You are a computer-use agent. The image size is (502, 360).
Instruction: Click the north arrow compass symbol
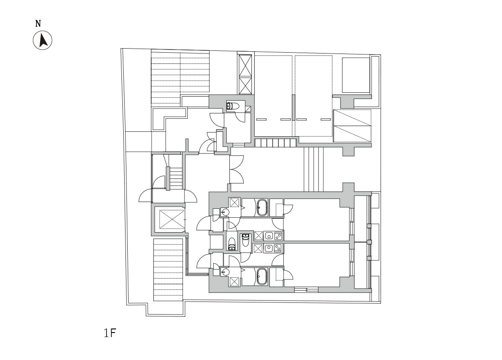(43, 40)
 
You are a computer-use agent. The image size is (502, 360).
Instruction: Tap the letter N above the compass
(38, 24)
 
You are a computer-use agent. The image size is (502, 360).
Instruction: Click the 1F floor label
(109, 333)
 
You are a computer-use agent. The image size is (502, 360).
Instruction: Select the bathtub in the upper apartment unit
(262, 208)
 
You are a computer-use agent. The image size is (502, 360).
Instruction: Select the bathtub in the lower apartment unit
(262, 277)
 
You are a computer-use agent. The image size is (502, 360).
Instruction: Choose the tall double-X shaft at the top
(245, 74)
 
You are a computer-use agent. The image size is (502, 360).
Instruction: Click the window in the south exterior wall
(306, 290)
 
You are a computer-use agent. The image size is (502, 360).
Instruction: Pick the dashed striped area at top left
(180, 77)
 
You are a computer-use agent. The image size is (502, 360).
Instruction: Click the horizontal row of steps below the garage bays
(275, 143)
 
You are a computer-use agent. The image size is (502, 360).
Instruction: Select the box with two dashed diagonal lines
(352, 126)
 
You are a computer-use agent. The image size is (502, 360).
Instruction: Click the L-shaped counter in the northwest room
(168, 117)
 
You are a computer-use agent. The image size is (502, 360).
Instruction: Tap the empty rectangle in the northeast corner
(356, 75)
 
